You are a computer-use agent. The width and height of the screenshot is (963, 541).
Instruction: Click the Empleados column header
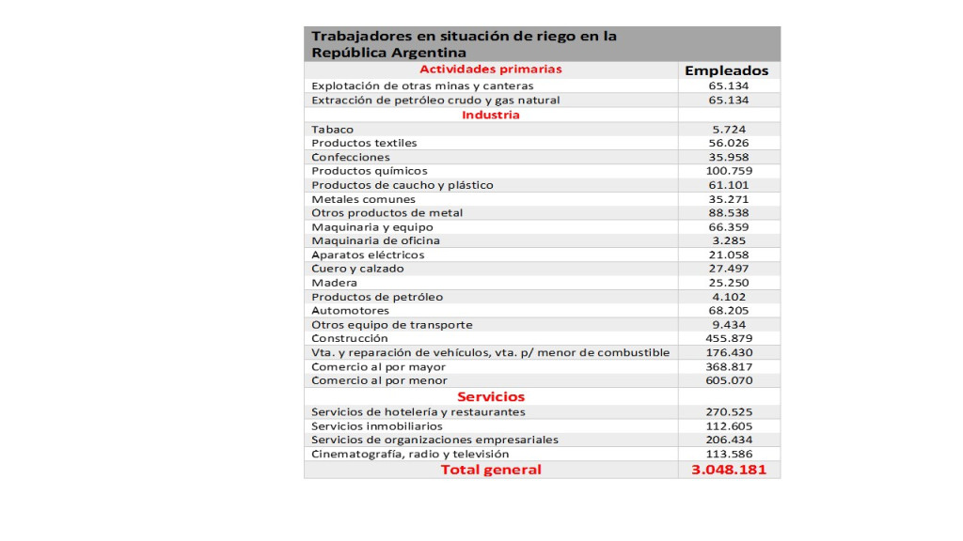[727, 70]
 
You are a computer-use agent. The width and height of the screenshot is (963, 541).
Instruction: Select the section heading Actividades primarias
[491, 70]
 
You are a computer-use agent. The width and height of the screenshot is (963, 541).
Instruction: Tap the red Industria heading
[491, 115]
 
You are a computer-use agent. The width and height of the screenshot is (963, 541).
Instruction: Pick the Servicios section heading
[491, 396]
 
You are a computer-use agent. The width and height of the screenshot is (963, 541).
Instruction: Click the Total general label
[491, 469]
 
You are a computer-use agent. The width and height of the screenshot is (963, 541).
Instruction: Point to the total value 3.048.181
[728, 469]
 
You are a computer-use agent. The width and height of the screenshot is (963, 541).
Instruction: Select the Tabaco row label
[331, 129]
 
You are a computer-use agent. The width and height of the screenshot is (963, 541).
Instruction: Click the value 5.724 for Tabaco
[728, 129]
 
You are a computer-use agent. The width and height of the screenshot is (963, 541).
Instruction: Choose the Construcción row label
[350, 338]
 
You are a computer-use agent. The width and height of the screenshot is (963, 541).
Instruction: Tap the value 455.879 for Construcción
[728, 338]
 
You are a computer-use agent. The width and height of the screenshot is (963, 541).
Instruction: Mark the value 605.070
[728, 380]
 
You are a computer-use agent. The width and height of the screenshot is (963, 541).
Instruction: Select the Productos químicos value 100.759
[728, 171]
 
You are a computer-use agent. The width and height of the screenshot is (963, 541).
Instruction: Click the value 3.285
[728, 240]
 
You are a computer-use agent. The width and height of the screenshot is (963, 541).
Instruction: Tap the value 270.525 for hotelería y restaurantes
[728, 411]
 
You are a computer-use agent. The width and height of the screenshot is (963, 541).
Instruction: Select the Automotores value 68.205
[728, 310]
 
